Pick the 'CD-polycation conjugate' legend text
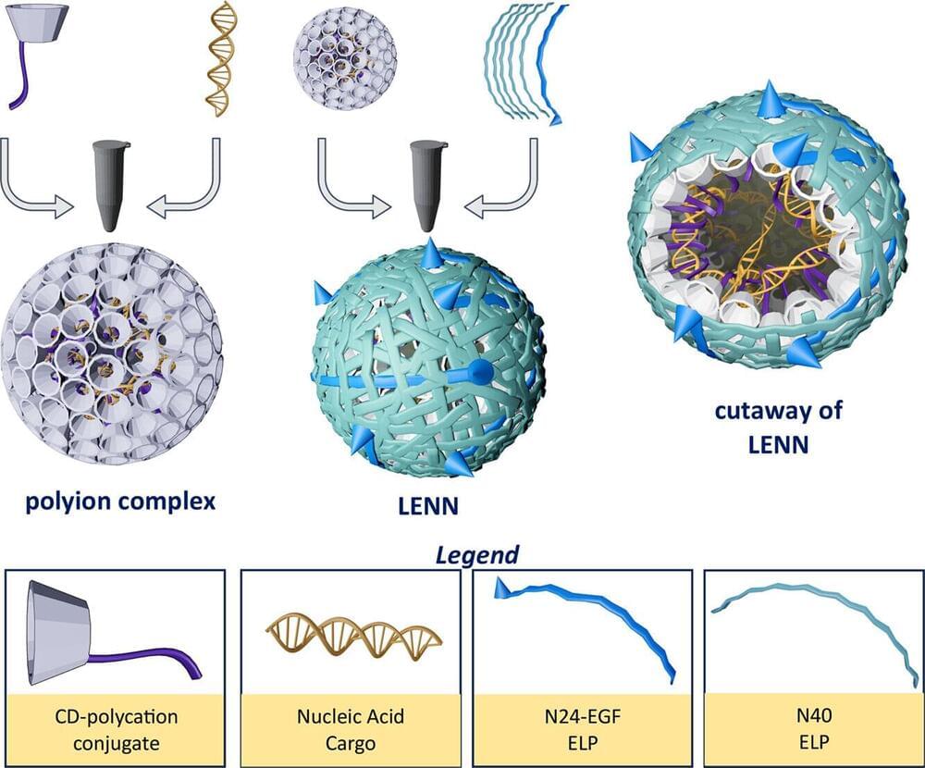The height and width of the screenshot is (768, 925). pyautogui.click(x=116, y=728)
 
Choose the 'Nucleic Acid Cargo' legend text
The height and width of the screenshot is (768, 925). pyautogui.click(x=351, y=728)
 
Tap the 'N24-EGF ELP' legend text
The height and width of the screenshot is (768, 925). pyautogui.click(x=583, y=728)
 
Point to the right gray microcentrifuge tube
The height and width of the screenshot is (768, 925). pyautogui.click(x=426, y=184)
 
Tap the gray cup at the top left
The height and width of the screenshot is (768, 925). pyautogui.click(x=42, y=27)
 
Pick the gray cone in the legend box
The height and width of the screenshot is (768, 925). pyautogui.click(x=61, y=631)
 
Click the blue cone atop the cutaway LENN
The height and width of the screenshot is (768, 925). pyautogui.click(x=767, y=99)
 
